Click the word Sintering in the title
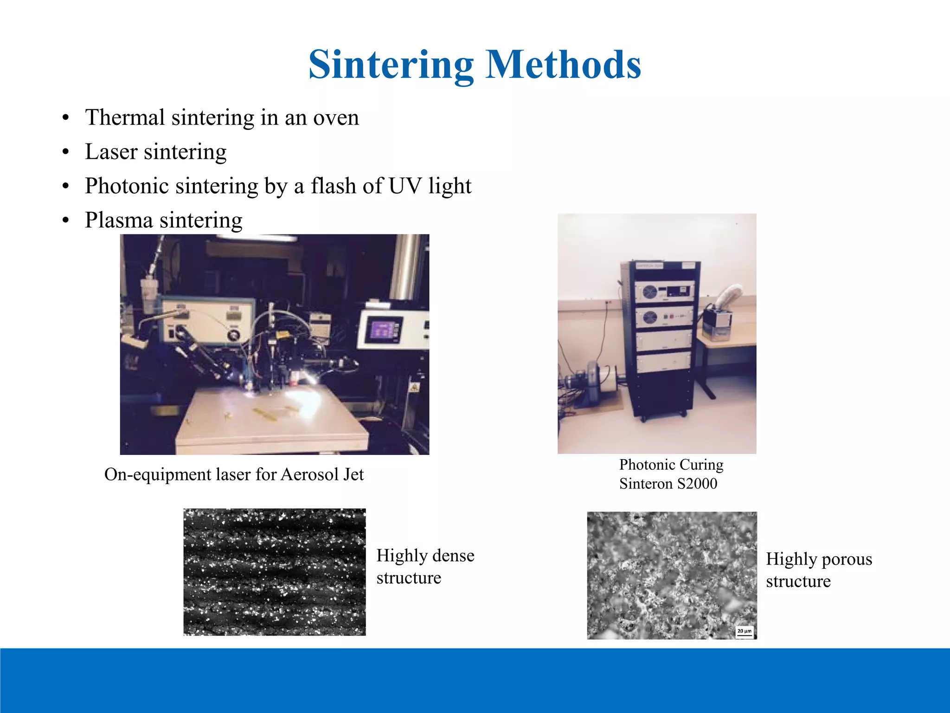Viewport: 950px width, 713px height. pyautogui.click(x=391, y=65)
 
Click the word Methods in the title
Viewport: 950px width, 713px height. pyautogui.click(x=563, y=65)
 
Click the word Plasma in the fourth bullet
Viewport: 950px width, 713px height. pyautogui.click(x=119, y=220)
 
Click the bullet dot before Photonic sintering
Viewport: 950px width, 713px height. pyautogui.click(x=66, y=187)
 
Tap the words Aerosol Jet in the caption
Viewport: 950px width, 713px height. pyautogui.click(x=322, y=474)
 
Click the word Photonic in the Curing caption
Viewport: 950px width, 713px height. pyautogui.click(x=647, y=465)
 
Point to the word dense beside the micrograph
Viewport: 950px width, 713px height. pyautogui.click(x=450, y=556)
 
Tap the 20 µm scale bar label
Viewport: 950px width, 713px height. pyautogui.click(x=744, y=631)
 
